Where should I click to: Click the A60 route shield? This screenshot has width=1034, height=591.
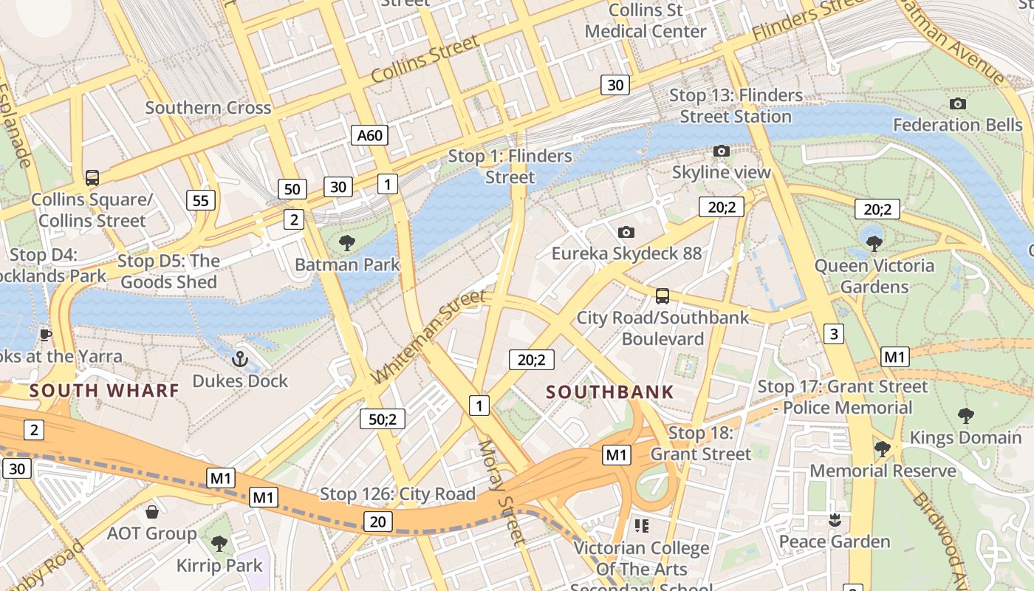tap(369, 135)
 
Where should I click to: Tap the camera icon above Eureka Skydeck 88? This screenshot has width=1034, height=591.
tap(626, 233)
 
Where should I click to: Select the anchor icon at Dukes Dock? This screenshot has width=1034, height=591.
tap(239, 360)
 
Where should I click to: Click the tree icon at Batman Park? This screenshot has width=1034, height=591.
tap(346, 243)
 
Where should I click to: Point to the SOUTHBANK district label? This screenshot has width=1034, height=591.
tap(610, 392)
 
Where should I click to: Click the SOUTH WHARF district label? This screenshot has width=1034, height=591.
tap(104, 390)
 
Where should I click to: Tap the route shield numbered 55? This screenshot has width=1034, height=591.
tap(201, 200)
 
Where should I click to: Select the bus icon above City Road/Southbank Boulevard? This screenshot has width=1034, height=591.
tap(662, 296)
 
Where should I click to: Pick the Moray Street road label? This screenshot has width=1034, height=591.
tap(501, 493)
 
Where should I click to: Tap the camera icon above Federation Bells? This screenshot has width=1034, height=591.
tap(957, 104)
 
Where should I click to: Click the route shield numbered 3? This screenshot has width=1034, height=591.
tap(834, 334)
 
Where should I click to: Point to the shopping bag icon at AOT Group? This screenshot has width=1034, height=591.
tap(152, 512)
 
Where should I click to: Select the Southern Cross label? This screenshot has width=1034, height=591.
tap(208, 108)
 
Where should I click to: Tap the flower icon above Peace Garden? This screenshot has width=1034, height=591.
tap(835, 520)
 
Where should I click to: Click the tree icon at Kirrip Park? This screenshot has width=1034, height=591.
tap(219, 544)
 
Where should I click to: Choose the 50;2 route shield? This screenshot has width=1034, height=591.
tap(383, 420)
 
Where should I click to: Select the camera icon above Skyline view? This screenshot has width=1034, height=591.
tap(721, 151)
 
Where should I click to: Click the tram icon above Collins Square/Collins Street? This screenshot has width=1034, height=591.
tap(92, 178)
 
